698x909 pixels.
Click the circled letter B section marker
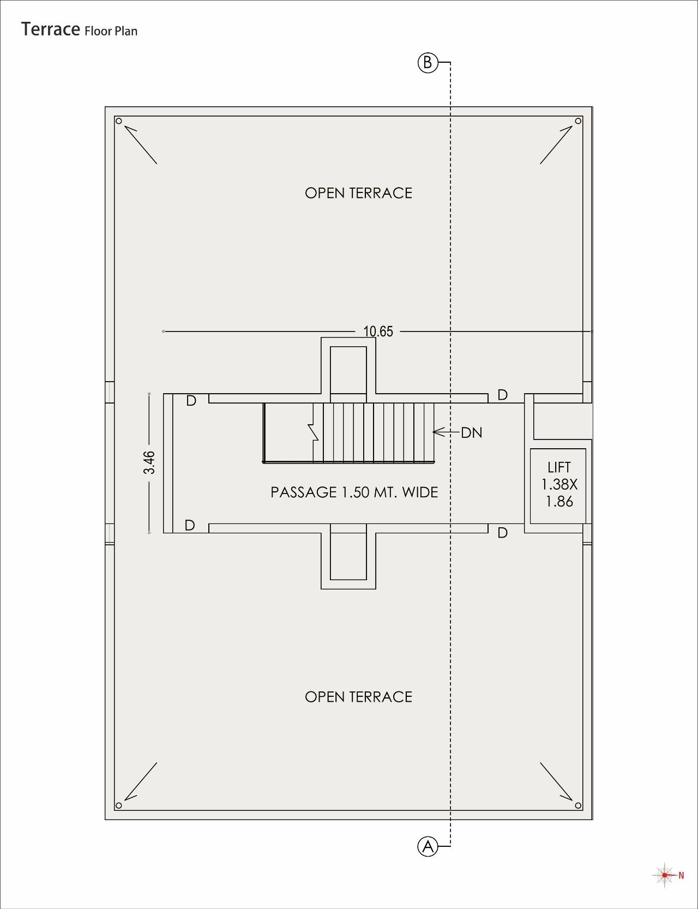pyautogui.click(x=428, y=63)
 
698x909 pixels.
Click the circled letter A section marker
pyautogui.click(x=428, y=846)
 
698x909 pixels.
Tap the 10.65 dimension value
pyautogui.click(x=378, y=332)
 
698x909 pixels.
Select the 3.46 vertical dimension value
pyautogui.click(x=149, y=462)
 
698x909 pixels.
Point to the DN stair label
pyautogui.click(x=472, y=433)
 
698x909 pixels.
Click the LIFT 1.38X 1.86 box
pyautogui.click(x=558, y=486)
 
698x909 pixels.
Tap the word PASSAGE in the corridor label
pyautogui.click(x=304, y=492)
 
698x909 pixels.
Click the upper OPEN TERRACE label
pyautogui.click(x=358, y=193)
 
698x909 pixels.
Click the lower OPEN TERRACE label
pyautogui.click(x=358, y=697)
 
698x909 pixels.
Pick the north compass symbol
pyautogui.click(x=666, y=875)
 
